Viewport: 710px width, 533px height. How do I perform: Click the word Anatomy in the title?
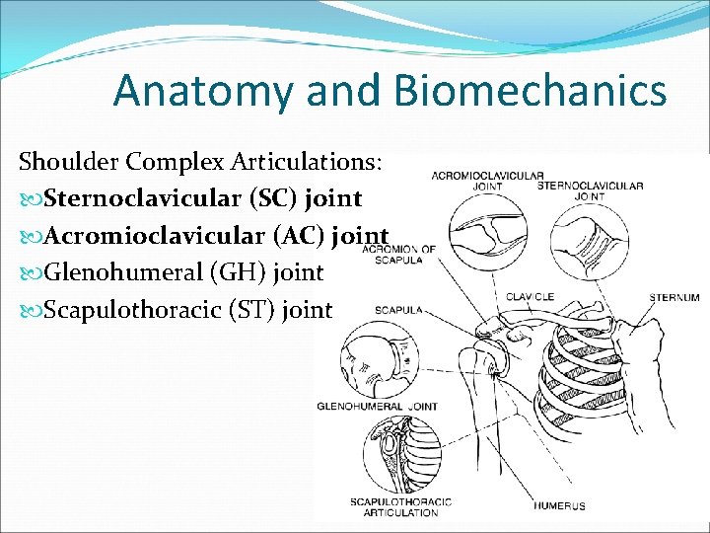[199, 91]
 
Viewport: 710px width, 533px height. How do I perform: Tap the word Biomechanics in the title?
[530, 91]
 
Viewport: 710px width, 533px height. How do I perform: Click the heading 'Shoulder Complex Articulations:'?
[205, 161]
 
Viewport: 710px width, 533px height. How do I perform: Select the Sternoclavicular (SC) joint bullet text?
[203, 198]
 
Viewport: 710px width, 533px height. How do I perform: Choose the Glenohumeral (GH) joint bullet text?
[183, 271]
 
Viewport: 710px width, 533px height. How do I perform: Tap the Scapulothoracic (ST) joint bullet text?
[188, 309]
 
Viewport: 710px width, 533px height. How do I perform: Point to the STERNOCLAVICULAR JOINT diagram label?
[591, 190]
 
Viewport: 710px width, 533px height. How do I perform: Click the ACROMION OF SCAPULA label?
[398, 254]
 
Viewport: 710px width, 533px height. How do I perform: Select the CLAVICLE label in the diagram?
[530, 296]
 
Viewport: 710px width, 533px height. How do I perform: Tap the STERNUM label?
[674, 296]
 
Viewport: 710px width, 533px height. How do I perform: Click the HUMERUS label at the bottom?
[559, 505]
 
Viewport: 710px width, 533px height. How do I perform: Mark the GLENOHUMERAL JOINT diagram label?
[377, 406]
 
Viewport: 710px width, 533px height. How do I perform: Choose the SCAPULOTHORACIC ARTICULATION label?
[400, 506]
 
